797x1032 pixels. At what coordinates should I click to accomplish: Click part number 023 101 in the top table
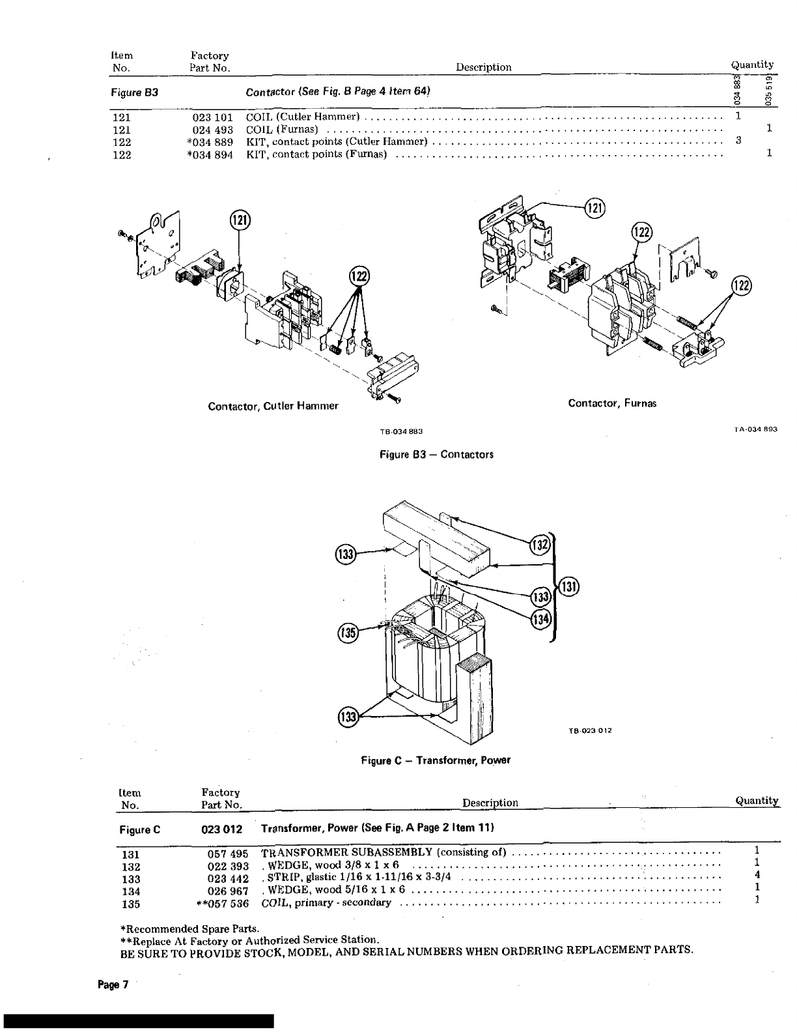tap(210, 117)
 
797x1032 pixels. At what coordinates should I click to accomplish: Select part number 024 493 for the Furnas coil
tap(210, 130)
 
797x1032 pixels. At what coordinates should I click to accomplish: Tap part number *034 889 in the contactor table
tap(210, 142)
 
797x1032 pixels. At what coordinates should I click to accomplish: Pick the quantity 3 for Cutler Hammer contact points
tap(738, 140)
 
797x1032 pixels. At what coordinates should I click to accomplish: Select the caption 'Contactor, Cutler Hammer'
tap(273, 407)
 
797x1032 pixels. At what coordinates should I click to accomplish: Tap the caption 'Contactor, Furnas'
tap(612, 403)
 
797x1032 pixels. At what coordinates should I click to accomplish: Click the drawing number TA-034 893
tap(756, 429)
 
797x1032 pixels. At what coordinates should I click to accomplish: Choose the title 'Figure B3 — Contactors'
tap(436, 455)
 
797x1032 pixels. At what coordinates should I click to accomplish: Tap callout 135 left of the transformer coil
tap(348, 633)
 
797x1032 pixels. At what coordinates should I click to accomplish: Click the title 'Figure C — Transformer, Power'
tap(436, 760)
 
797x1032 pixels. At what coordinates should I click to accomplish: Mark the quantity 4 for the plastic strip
tap(757, 875)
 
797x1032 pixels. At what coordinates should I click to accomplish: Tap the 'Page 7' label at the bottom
tap(109, 984)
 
